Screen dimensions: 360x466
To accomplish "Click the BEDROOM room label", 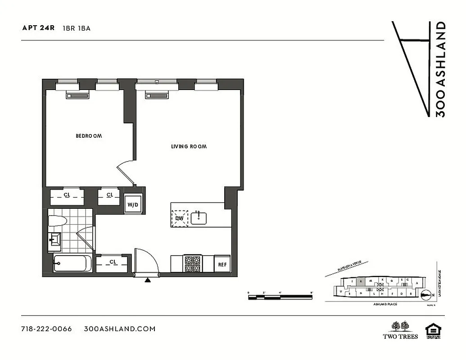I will [89, 135].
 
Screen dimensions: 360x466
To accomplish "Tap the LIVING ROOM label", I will [189, 147].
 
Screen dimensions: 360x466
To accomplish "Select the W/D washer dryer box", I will [133, 205].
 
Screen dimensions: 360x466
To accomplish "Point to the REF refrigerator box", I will [222, 264].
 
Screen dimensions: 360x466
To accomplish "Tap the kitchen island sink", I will [199, 218].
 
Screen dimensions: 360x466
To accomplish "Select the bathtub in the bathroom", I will [72, 264].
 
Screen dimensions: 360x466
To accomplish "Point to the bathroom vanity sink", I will [55, 240].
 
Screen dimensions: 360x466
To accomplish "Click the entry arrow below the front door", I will [147, 280].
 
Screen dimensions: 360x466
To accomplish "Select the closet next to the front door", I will [113, 262].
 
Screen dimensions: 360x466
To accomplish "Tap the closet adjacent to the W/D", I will [109, 195].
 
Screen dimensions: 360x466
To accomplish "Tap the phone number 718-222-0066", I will [46, 328].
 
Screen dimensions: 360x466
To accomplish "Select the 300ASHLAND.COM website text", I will [120, 328].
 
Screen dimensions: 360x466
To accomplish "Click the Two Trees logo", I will [400, 330].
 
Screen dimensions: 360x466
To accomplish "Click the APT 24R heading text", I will [38, 28].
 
